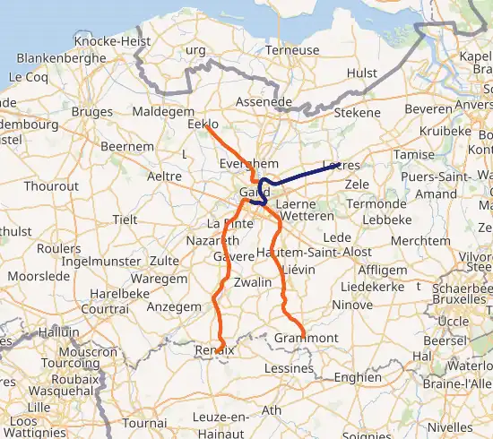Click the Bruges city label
(x=91, y=112)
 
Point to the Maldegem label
(x=162, y=112)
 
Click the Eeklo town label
(x=203, y=125)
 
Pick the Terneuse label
(x=291, y=50)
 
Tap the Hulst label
(x=361, y=73)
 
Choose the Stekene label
(x=357, y=113)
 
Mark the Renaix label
(x=214, y=349)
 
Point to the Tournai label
(x=144, y=421)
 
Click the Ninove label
(x=352, y=305)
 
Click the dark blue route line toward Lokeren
(x=305, y=173)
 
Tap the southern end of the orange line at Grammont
(x=303, y=338)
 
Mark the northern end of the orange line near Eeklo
(x=206, y=126)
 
